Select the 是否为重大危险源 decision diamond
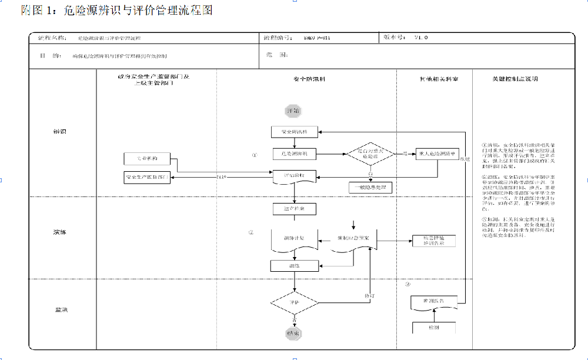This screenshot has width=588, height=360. point(370,154)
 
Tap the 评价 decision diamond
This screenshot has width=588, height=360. point(294,303)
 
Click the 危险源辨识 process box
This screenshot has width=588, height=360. point(295,154)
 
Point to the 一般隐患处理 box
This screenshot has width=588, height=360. point(370,188)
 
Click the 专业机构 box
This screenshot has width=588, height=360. point(146,159)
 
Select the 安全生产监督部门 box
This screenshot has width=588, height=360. point(146,176)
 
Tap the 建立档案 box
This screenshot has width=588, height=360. point(295,209)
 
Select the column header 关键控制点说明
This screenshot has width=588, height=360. point(514,79)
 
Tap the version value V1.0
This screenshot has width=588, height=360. point(421,37)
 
